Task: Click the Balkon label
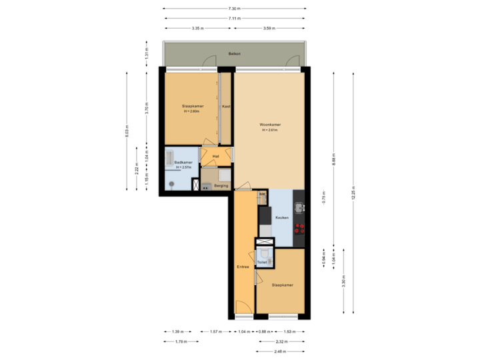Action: click(234, 53)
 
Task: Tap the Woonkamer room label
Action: click(270, 125)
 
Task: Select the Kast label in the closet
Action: click(226, 107)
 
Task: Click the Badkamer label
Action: click(183, 162)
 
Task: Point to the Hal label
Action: click(215, 157)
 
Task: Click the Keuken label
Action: click(282, 218)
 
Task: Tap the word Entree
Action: click(243, 267)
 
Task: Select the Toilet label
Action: click(262, 263)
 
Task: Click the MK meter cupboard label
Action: click(262, 194)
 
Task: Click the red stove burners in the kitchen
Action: click(300, 229)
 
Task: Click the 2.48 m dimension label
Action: click(280, 351)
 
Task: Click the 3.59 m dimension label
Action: click(269, 29)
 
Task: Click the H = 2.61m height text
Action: click(270, 130)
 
